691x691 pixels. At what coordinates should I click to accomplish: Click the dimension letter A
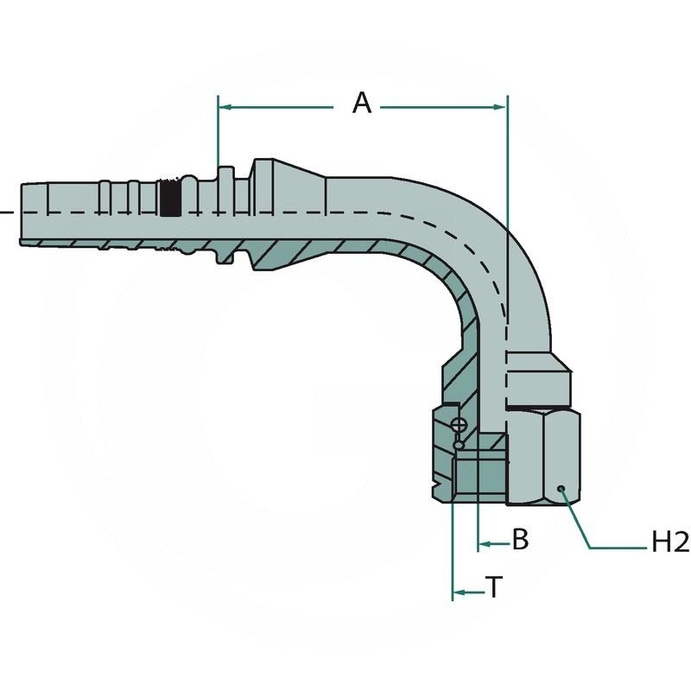click(x=362, y=104)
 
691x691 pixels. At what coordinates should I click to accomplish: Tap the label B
click(x=520, y=541)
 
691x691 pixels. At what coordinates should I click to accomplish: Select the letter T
click(x=494, y=588)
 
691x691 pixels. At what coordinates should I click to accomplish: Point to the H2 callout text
click(x=669, y=543)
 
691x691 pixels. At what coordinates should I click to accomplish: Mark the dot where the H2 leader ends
click(x=561, y=490)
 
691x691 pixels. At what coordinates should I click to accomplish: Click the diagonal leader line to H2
click(x=576, y=518)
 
